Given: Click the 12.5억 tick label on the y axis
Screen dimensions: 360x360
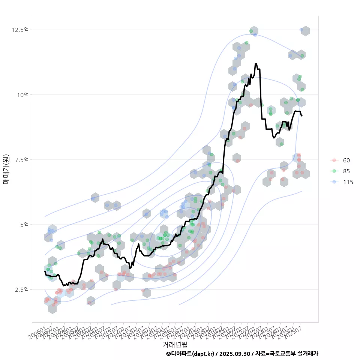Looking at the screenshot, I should tap(21, 30).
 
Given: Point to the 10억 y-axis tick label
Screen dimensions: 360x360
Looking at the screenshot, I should tap(22, 95).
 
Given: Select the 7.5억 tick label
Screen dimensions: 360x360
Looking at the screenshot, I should tap(21, 160).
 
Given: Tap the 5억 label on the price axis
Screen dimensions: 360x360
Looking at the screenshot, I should tap(24, 225).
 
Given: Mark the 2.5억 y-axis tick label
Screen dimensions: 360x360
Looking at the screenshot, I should tap(21, 289).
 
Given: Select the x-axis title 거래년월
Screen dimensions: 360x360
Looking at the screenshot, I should tap(175, 344).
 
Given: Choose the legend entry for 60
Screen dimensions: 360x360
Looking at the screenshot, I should tap(346, 160).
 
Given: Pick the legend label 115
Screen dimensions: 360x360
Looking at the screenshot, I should tap(348, 182).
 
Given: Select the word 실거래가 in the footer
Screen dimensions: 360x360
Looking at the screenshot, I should tap(307, 354).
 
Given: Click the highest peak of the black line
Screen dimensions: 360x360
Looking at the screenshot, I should tap(256, 64).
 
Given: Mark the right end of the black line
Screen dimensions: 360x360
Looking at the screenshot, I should tap(302, 116).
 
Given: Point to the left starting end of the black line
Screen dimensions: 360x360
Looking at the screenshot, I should tap(45, 271).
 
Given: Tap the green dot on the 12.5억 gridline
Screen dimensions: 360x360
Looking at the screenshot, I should tap(251, 31).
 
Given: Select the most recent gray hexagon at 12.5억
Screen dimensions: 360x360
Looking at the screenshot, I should tap(305, 31).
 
